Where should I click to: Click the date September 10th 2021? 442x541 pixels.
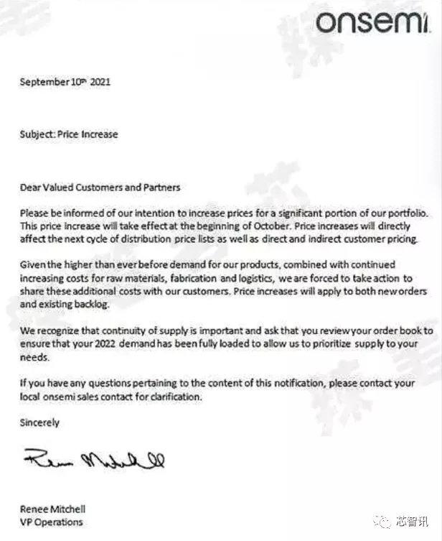pyautogui.click(x=65, y=82)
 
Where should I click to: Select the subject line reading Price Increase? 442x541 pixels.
pyautogui.click(x=69, y=134)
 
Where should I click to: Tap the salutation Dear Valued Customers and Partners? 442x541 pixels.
pyautogui.click(x=100, y=188)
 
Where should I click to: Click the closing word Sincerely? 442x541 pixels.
pyautogui.click(x=39, y=423)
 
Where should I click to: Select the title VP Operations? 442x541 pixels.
pyautogui.click(x=51, y=522)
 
